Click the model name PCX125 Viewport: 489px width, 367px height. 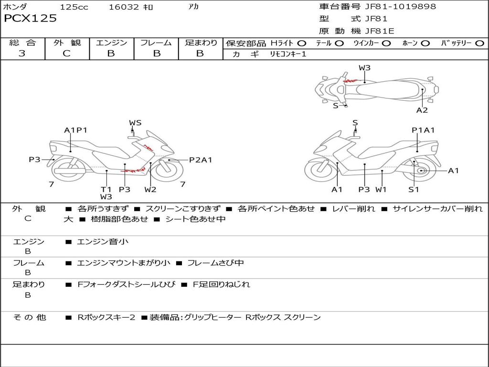coord(30,19)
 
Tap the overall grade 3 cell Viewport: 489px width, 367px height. coord(22,54)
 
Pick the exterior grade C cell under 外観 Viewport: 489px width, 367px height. coord(66,54)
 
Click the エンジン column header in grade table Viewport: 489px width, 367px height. coord(111,43)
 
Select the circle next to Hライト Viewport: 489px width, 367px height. coord(302,43)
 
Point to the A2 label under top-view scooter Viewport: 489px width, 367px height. coord(422,110)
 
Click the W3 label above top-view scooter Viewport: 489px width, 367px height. coord(364,68)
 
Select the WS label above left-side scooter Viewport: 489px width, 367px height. coord(135,123)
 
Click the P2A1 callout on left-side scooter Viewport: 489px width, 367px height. coord(201,160)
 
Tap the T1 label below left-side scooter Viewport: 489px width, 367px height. coord(106,189)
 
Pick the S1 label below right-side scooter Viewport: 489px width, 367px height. coord(414,189)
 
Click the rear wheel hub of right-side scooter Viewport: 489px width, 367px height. coord(421,171)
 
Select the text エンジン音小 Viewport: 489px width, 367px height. coord(103,242)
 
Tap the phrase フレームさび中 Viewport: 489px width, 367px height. coord(215,263)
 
